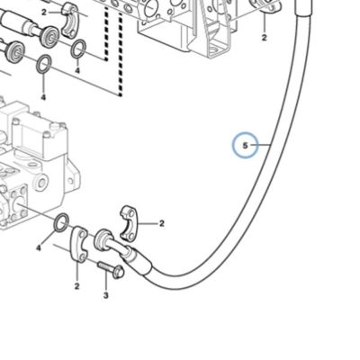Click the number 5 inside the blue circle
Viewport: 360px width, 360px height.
245,146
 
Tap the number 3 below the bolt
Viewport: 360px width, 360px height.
105,296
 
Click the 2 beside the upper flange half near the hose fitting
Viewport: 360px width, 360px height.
162,223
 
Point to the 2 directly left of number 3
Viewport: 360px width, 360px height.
76,286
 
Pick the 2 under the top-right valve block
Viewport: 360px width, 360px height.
264,38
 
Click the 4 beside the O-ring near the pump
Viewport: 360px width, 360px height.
39,248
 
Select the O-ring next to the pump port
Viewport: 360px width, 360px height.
61,223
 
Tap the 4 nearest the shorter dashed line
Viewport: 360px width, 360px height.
77,71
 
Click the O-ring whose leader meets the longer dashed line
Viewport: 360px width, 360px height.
44,64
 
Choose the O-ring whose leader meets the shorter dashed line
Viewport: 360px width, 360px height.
78,48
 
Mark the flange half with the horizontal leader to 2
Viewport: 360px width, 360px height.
130,223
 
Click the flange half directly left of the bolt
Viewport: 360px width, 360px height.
79,244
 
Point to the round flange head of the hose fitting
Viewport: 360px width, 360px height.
103,238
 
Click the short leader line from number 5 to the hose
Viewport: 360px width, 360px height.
260,146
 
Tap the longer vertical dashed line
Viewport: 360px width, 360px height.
121,51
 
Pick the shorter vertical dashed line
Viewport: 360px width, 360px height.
106,33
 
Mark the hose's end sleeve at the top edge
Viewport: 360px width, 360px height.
303,6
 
